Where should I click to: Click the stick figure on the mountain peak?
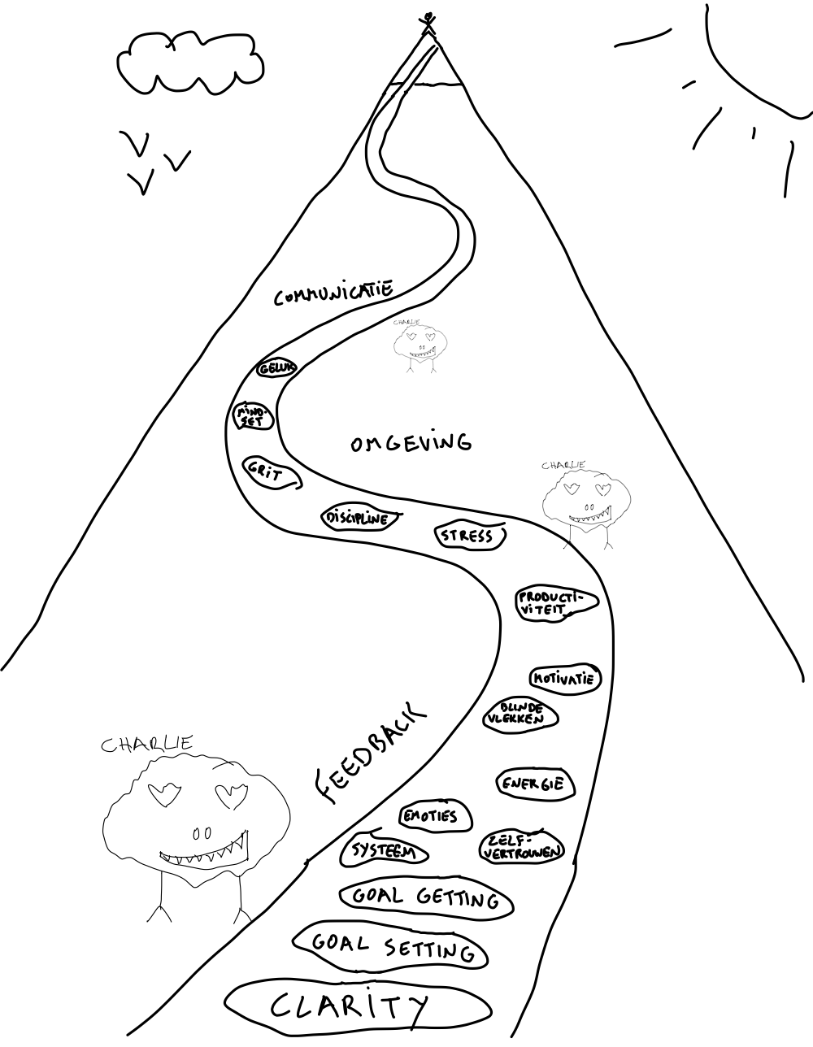point(428,23)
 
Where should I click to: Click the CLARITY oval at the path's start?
point(349,1007)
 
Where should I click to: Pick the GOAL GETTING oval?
point(425,897)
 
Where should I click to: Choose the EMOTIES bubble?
point(435,816)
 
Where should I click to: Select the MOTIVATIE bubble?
point(566,678)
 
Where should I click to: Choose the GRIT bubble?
point(271,471)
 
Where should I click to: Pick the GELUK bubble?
point(277,368)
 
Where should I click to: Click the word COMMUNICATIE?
point(333,293)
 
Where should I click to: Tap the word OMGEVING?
point(411,443)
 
